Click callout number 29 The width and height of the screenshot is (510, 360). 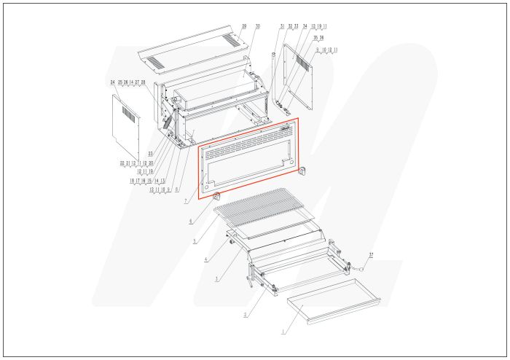click(x=244, y=26)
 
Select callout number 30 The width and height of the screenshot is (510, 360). click(x=257, y=26)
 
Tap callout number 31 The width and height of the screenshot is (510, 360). click(x=282, y=26)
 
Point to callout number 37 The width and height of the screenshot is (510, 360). click(x=371, y=254)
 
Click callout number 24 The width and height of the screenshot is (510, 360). click(x=113, y=82)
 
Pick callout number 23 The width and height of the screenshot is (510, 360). click(x=150, y=153)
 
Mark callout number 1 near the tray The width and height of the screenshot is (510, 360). click(x=283, y=332)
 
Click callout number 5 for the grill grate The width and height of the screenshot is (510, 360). click(x=194, y=240)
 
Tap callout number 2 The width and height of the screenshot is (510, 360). click(x=246, y=315)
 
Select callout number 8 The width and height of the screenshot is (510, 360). click(x=176, y=189)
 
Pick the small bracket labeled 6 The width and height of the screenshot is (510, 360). click(x=216, y=195)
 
